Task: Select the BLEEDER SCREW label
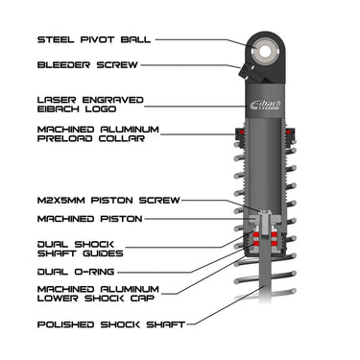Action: [x=87, y=65]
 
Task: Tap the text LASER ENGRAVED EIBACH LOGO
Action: [x=91, y=104]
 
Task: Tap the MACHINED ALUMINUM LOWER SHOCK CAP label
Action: [x=98, y=295]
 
